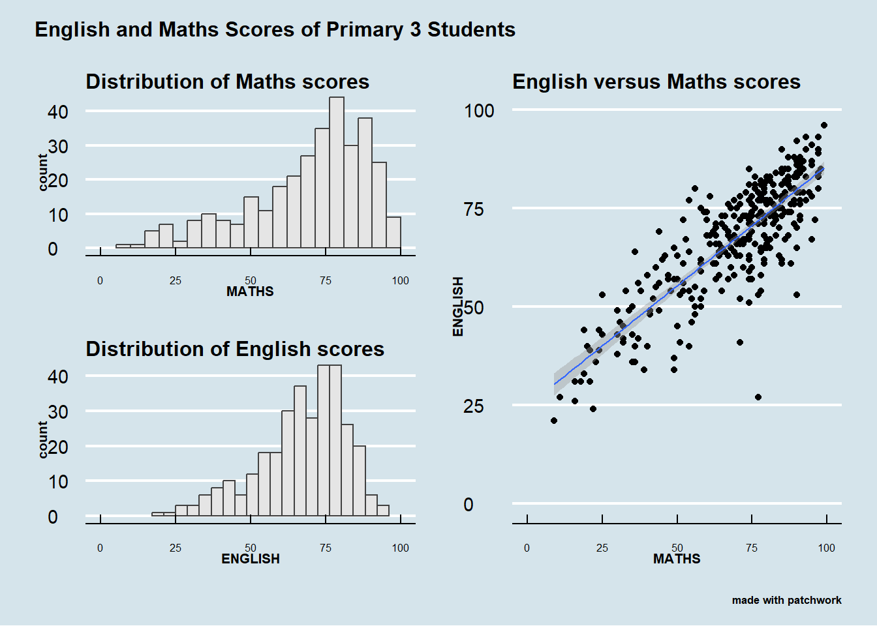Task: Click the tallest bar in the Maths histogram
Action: point(337,173)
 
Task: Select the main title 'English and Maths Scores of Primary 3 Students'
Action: point(275,30)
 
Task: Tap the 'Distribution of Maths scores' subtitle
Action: point(227,82)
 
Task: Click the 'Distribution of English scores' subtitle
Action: point(235,350)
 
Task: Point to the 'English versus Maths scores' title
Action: point(656,82)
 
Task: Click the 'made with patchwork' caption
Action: point(786,600)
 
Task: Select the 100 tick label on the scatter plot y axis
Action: point(479,111)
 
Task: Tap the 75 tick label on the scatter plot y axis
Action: point(474,209)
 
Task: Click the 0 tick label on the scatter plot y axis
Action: point(469,505)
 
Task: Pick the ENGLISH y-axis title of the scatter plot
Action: point(458,306)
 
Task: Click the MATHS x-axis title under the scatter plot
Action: point(677,559)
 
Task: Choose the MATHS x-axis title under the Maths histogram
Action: point(250,291)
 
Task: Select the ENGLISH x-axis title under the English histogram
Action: point(251,559)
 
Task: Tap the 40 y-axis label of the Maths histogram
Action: point(57,112)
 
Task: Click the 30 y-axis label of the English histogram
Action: point(57,412)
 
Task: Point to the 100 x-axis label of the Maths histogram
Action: point(400,281)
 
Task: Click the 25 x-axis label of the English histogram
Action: point(176,548)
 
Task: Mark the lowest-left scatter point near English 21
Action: point(554,421)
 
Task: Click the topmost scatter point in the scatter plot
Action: point(824,125)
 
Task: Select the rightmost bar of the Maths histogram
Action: point(393,233)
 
